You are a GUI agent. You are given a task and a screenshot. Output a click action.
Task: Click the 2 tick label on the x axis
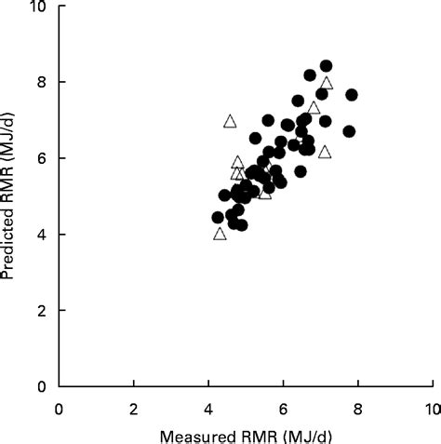[134, 407]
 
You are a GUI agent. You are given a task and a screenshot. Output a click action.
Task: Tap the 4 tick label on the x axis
[208, 407]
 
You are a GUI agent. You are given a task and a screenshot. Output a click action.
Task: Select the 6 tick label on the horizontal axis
[283, 407]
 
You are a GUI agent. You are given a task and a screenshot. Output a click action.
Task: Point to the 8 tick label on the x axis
[357, 407]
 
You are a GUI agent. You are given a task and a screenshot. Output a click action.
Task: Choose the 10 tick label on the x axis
[431, 407]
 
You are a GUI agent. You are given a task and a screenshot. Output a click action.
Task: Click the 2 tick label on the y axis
[43, 310]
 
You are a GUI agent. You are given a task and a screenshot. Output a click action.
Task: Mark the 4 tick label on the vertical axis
[43, 234]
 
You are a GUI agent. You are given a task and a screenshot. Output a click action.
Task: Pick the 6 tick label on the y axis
[43, 158]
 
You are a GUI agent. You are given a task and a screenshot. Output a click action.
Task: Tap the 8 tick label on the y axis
[43, 82]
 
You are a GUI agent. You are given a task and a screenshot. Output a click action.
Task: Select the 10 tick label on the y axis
[39, 7]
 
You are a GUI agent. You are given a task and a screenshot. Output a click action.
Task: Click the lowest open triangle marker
[220, 234]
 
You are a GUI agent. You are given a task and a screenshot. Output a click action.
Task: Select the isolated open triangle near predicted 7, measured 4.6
[230, 121]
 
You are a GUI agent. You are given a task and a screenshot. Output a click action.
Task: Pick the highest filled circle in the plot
[326, 66]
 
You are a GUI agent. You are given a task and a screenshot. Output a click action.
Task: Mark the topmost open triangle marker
[326, 83]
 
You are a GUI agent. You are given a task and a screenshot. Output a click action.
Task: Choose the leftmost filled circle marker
[218, 217]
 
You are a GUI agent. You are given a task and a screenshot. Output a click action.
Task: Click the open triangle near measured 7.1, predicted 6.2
[324, 152]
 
